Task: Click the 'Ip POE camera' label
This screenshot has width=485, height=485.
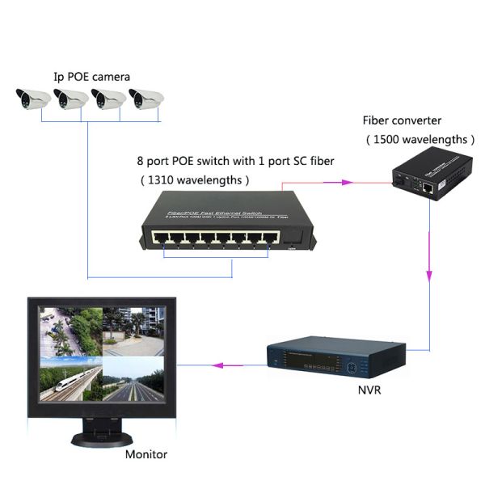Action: point(91,77)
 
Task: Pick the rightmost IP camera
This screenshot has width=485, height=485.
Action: point(147,100)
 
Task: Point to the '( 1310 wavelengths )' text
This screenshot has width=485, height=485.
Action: point(194,179)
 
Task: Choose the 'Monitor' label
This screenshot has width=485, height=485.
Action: point(146,454)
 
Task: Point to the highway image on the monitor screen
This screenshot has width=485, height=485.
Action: point(133,379)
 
